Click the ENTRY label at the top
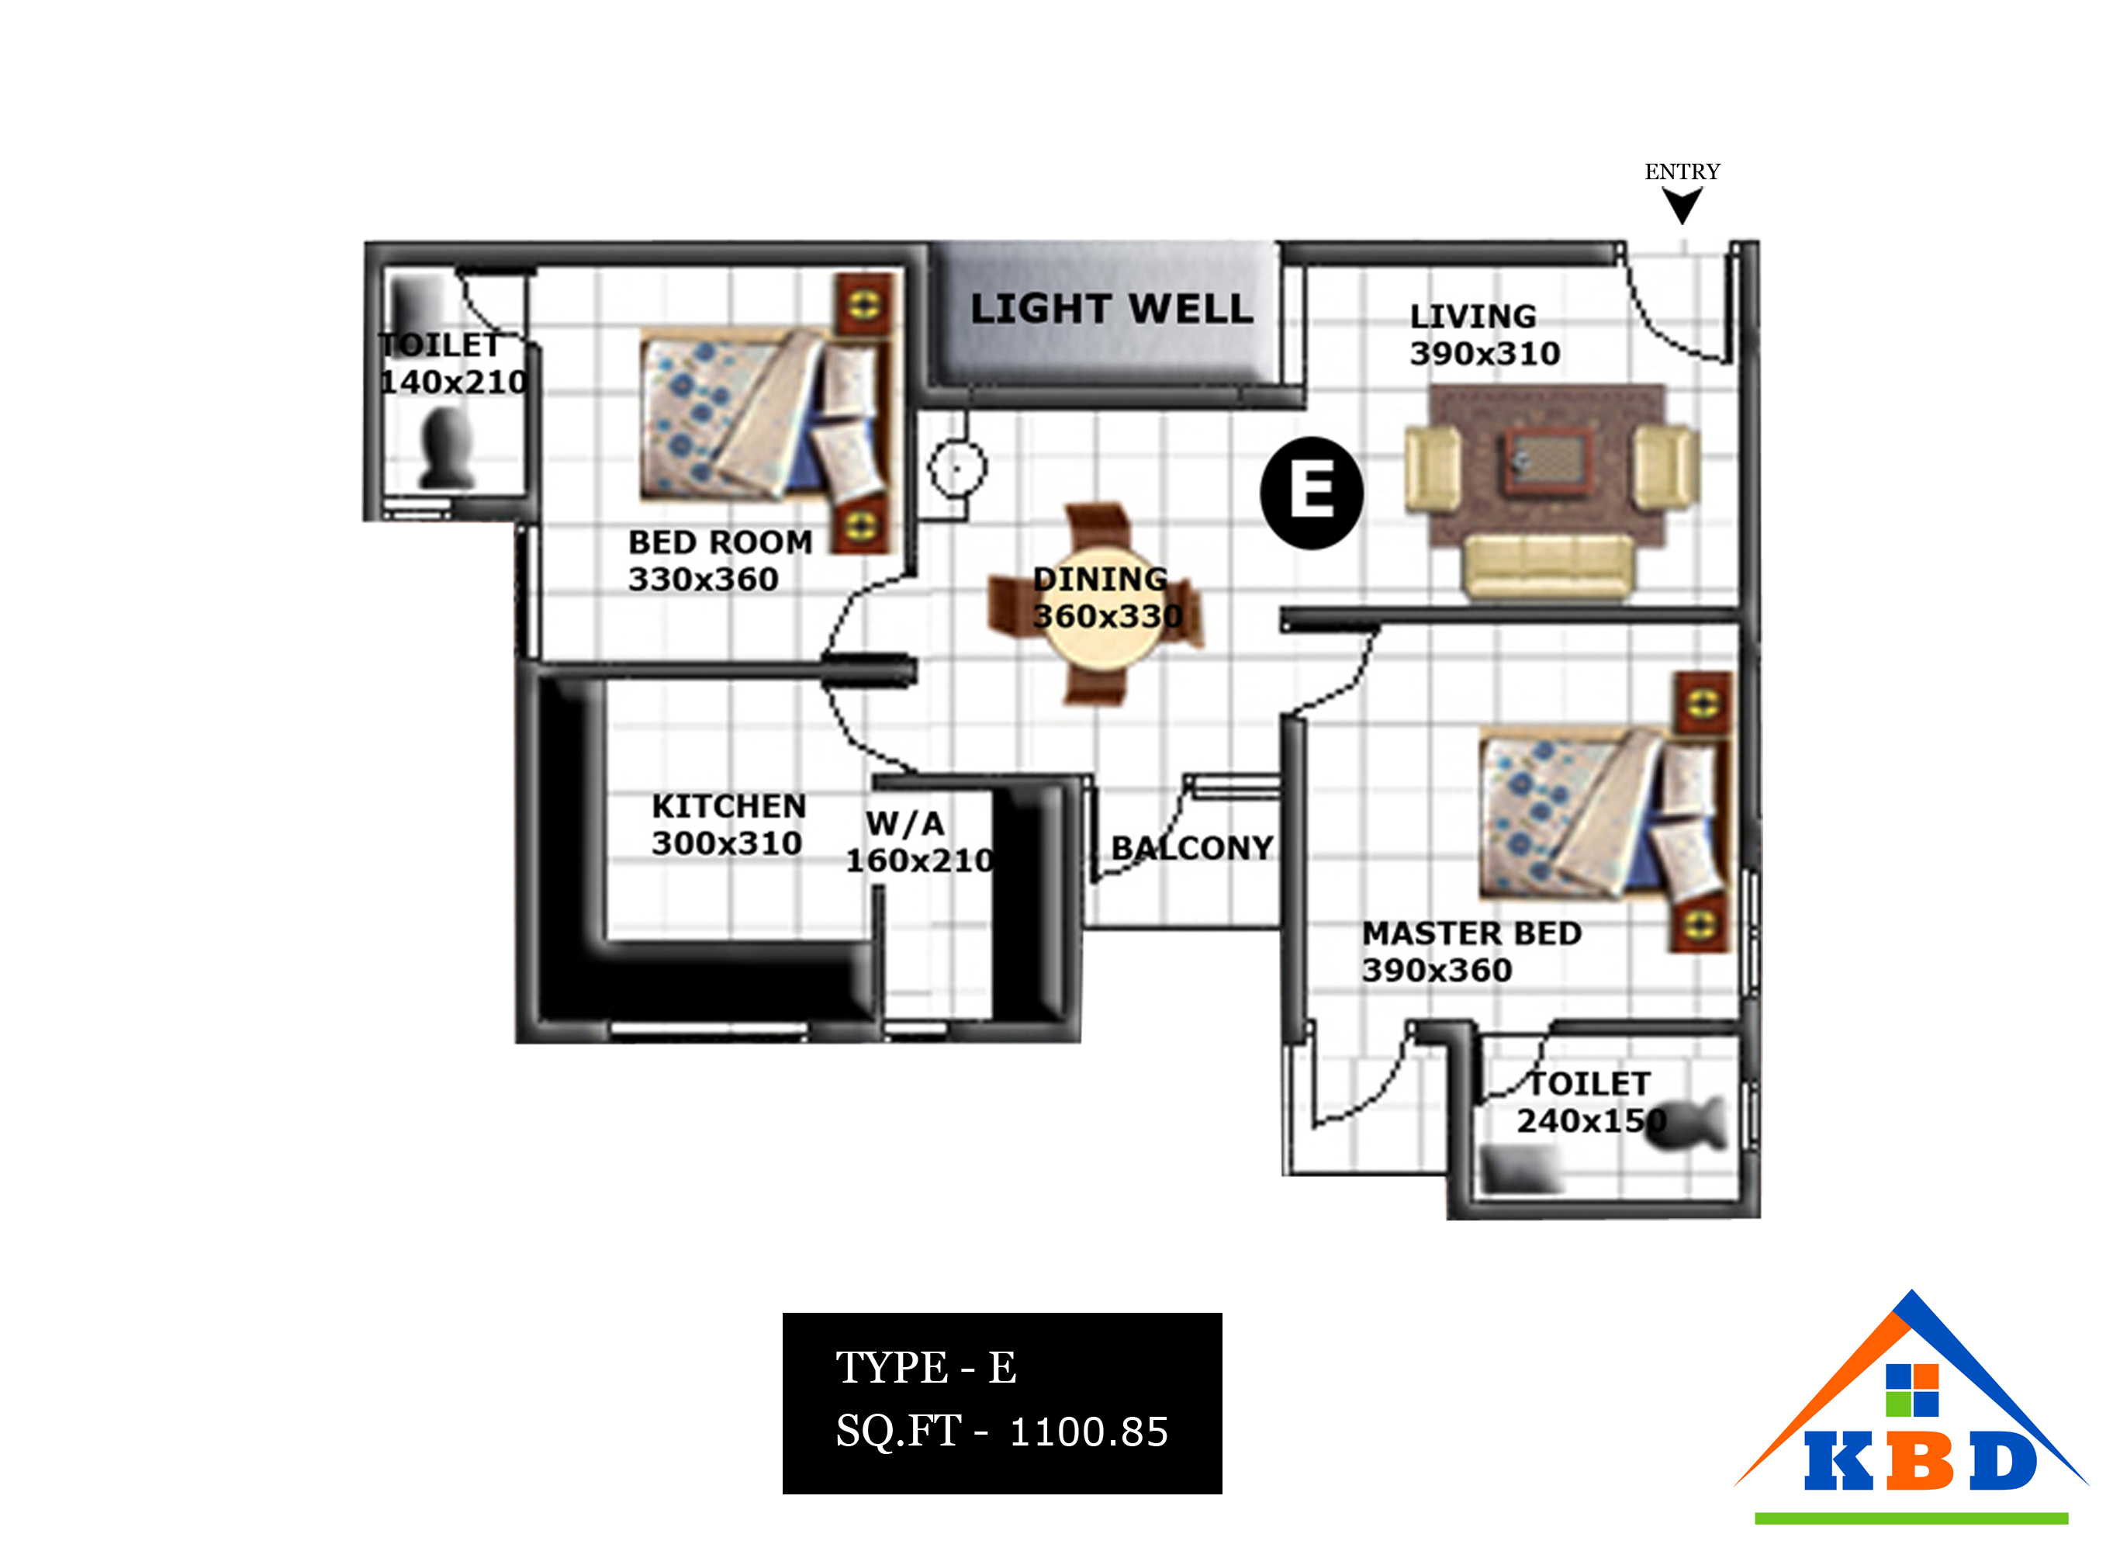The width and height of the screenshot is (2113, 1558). click(1682, 171)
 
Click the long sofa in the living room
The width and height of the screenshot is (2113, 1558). click(1548, 567)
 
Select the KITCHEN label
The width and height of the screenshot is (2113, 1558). click(729, 806)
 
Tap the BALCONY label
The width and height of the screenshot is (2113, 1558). click(1193, 848)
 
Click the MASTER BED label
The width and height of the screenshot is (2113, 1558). click(1471, 933)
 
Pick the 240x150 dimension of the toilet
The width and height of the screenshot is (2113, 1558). click(1592, 1120)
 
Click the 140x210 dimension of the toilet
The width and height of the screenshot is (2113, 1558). click(454, 382)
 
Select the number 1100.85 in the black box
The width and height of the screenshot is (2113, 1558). click(1089, 1432)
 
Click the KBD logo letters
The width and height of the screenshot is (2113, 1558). click(1921, 1460)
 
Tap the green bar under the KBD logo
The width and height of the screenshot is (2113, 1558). click(1911, 1518)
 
